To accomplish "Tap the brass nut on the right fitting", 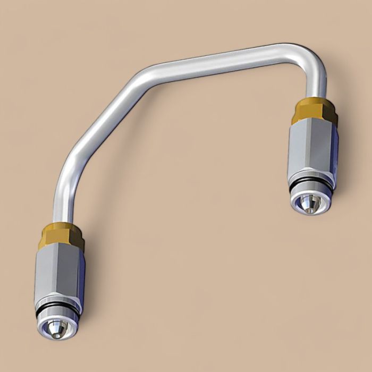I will pos(315,110).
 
